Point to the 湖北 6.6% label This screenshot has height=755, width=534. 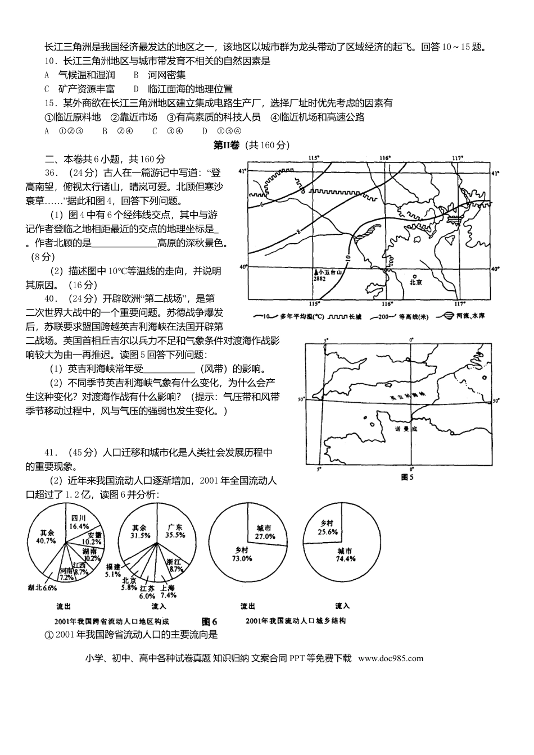pos(43,588)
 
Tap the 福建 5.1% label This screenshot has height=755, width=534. pos(112,570)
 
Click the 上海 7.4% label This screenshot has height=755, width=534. pos(168,591)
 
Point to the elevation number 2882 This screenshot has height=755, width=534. pos(320,278)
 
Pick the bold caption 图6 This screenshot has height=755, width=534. pos(209,621)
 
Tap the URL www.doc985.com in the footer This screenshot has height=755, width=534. pos(390,658)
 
